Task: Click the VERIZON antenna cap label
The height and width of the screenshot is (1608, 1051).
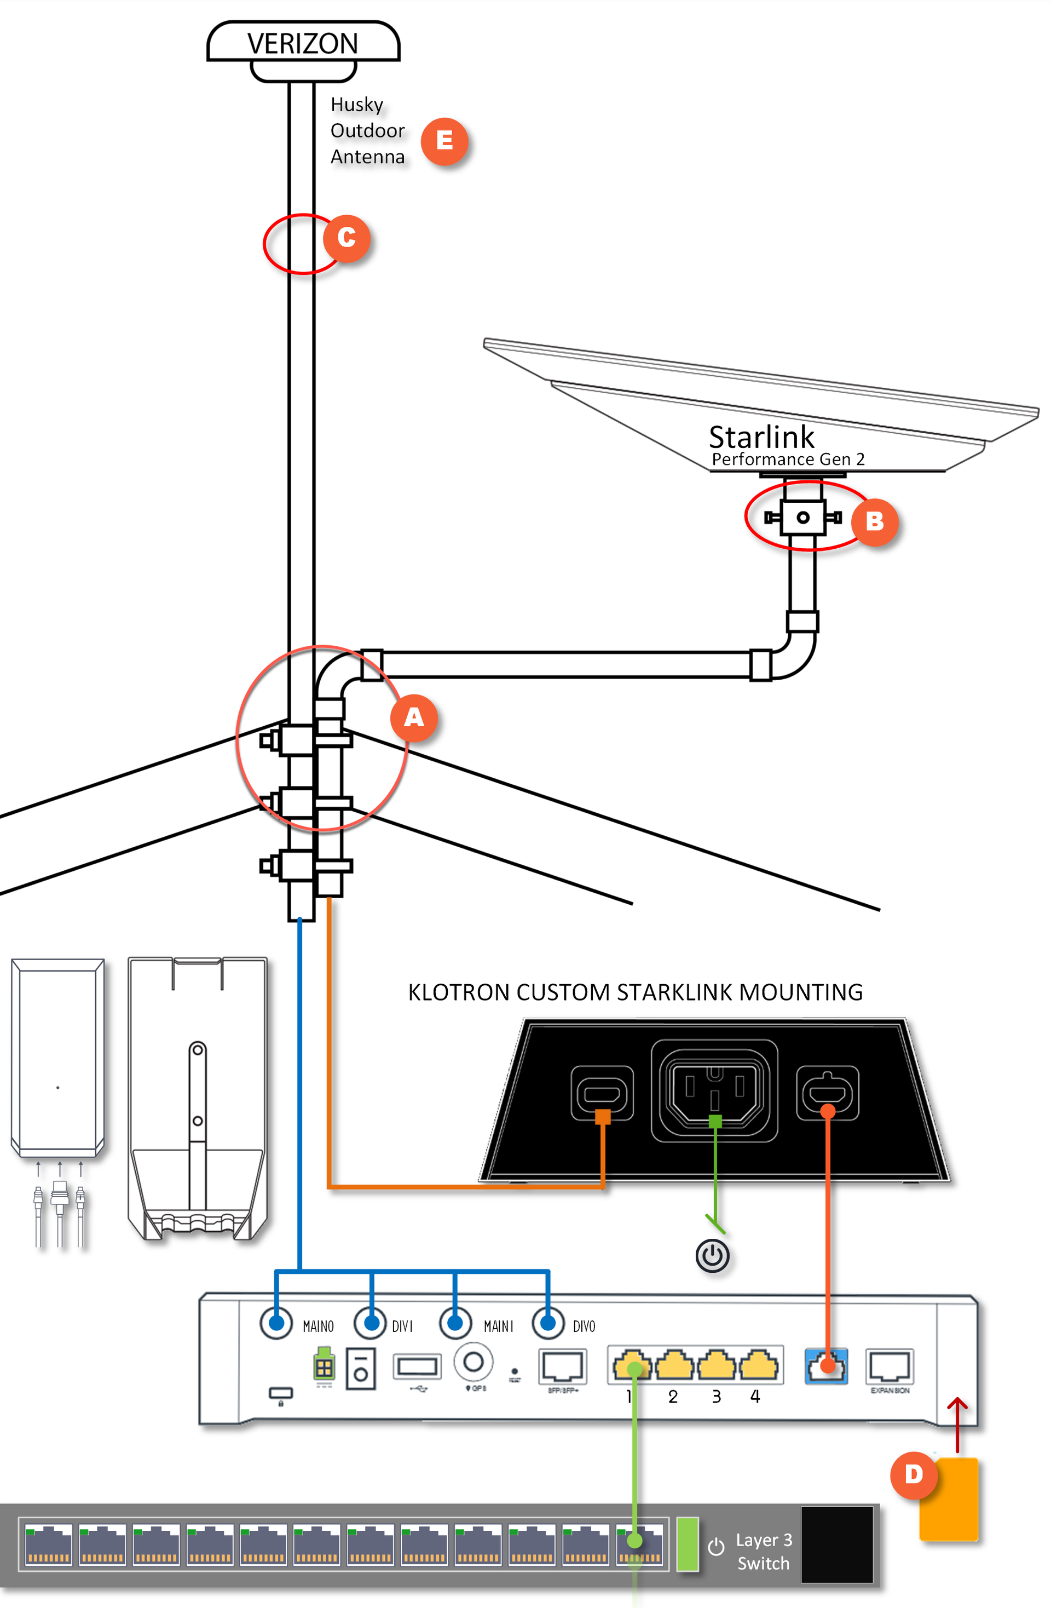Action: (x=303, y=43)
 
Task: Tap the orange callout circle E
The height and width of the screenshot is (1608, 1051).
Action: (x=444, y=141)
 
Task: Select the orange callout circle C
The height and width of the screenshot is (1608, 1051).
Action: (x=347, y=238)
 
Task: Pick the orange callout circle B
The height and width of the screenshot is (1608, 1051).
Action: (x=874, y=521)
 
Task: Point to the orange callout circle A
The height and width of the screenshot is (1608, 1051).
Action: (x=413, y=717)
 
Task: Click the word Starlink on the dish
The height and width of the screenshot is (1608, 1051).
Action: (x=761, y=437)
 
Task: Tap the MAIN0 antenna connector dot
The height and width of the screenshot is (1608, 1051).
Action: (x=276, y=1322)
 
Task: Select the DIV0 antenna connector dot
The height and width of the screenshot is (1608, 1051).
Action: (x=548, y=1322)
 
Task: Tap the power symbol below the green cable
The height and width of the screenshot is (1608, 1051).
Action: (x=713, y=1256)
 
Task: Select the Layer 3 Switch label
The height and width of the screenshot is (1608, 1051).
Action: (x=763, y=1551)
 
